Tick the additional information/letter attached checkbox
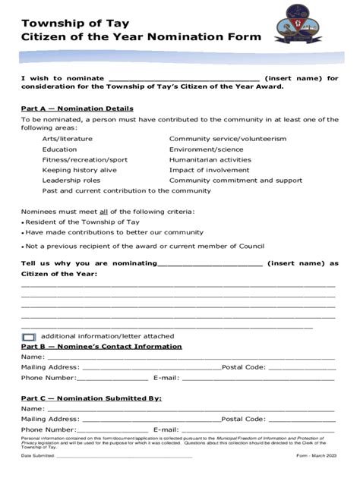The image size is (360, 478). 29,336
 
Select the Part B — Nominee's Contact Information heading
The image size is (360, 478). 101,346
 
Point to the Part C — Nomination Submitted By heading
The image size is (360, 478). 90,398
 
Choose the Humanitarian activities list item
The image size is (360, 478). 210,160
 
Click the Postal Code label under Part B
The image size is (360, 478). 243,366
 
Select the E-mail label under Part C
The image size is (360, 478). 166,429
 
